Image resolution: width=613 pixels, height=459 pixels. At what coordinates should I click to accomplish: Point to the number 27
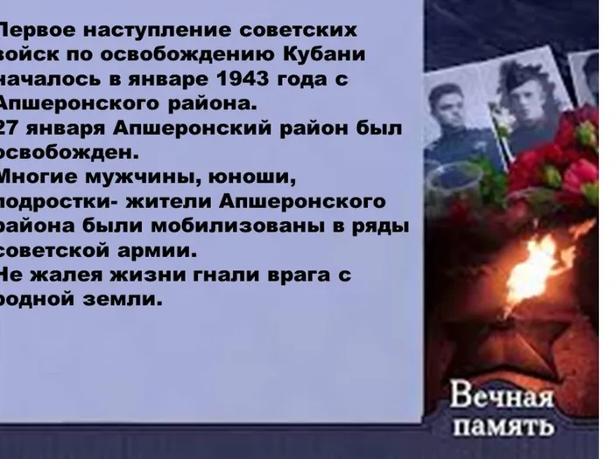coord(12,129)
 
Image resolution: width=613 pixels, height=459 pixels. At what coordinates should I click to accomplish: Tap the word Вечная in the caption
coord(503,399)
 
